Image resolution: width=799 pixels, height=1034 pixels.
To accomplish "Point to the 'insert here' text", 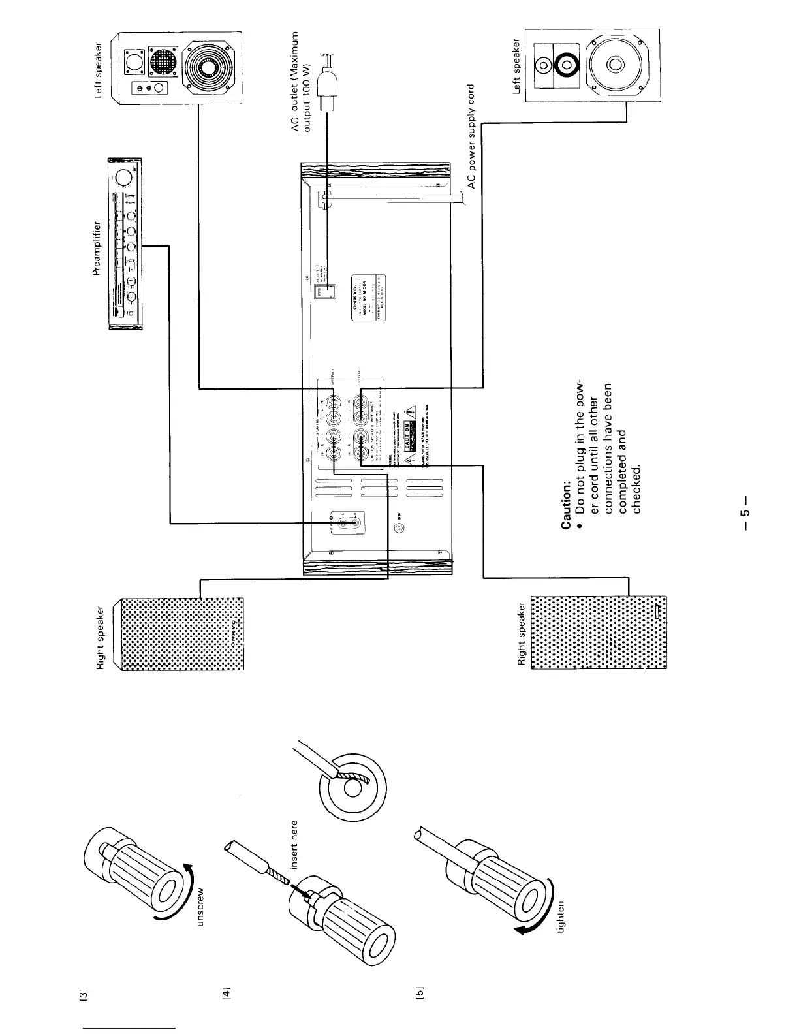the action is coord(294,844).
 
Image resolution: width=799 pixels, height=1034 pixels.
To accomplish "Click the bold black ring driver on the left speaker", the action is coord(563,64).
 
